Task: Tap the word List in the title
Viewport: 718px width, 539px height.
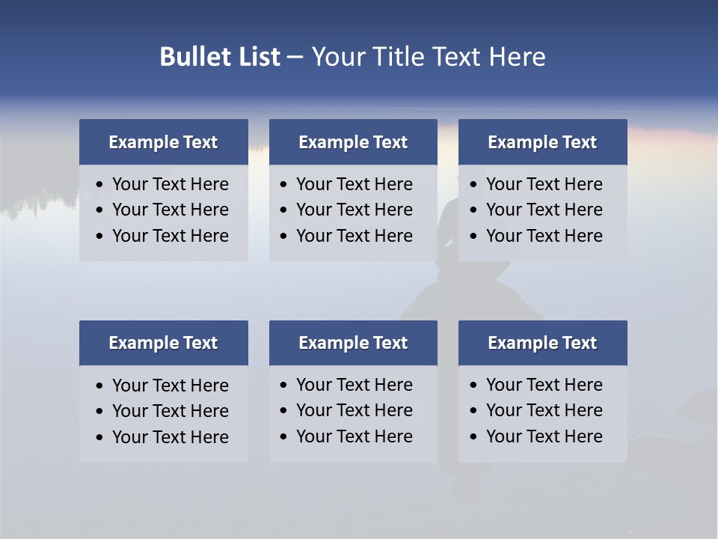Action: click(257, 57)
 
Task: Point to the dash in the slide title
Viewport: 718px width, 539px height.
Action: click(295, 58)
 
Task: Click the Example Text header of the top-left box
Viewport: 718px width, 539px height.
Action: click(163, 142)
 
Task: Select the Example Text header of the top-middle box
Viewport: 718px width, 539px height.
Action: click(353, 142)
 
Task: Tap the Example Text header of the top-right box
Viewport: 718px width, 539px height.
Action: click(542, 142)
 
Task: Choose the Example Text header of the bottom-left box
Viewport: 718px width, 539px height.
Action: click(163, 343)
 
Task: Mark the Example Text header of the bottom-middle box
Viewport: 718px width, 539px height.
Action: click(353, 343)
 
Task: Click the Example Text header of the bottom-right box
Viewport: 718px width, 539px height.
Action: click(542, 343)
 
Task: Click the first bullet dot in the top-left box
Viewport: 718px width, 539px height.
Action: click(100, 185)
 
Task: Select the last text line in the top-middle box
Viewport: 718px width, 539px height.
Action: click(354, 236)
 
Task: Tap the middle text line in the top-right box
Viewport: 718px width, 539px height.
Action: click(544, 210)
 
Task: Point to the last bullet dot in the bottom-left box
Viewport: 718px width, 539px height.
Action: click(100, 438)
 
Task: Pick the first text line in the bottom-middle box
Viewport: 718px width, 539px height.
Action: click(354, 385)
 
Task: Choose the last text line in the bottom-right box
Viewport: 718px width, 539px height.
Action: click(544, 436)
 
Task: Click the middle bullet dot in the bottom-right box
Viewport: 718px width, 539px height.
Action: click(474, 411)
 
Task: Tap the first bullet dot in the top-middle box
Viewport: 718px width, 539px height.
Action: click(284, 185)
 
